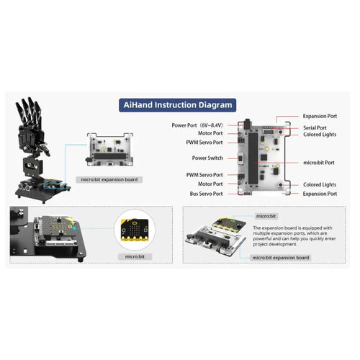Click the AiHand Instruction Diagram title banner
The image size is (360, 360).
coord(178,105)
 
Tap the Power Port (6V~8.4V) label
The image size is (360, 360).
coord(197,125)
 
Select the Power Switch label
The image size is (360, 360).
coord(207,158)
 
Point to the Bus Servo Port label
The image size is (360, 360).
coord(206,194)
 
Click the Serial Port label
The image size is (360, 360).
coord(315,127)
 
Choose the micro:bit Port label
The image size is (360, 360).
coord(319,163)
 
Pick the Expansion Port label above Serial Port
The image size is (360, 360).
coord(320,116)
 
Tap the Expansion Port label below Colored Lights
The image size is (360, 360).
coord(320,194)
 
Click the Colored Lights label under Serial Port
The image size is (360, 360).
coord(320,135)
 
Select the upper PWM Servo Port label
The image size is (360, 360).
coord(204,143)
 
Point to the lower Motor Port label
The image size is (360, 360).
coord(210,184)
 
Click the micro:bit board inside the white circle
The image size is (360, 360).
coord(135,230)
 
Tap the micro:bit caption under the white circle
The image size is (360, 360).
coord(135,257)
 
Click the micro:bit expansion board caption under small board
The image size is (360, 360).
coord(109,179)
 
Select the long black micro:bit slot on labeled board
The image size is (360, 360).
coord(253,158)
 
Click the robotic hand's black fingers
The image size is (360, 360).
coord(29,110)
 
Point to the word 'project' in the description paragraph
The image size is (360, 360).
coord(261,244)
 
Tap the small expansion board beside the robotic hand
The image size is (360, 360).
coord(110,150)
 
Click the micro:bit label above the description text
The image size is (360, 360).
coord(266,216)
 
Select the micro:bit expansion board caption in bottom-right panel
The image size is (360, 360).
coord(281,258)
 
